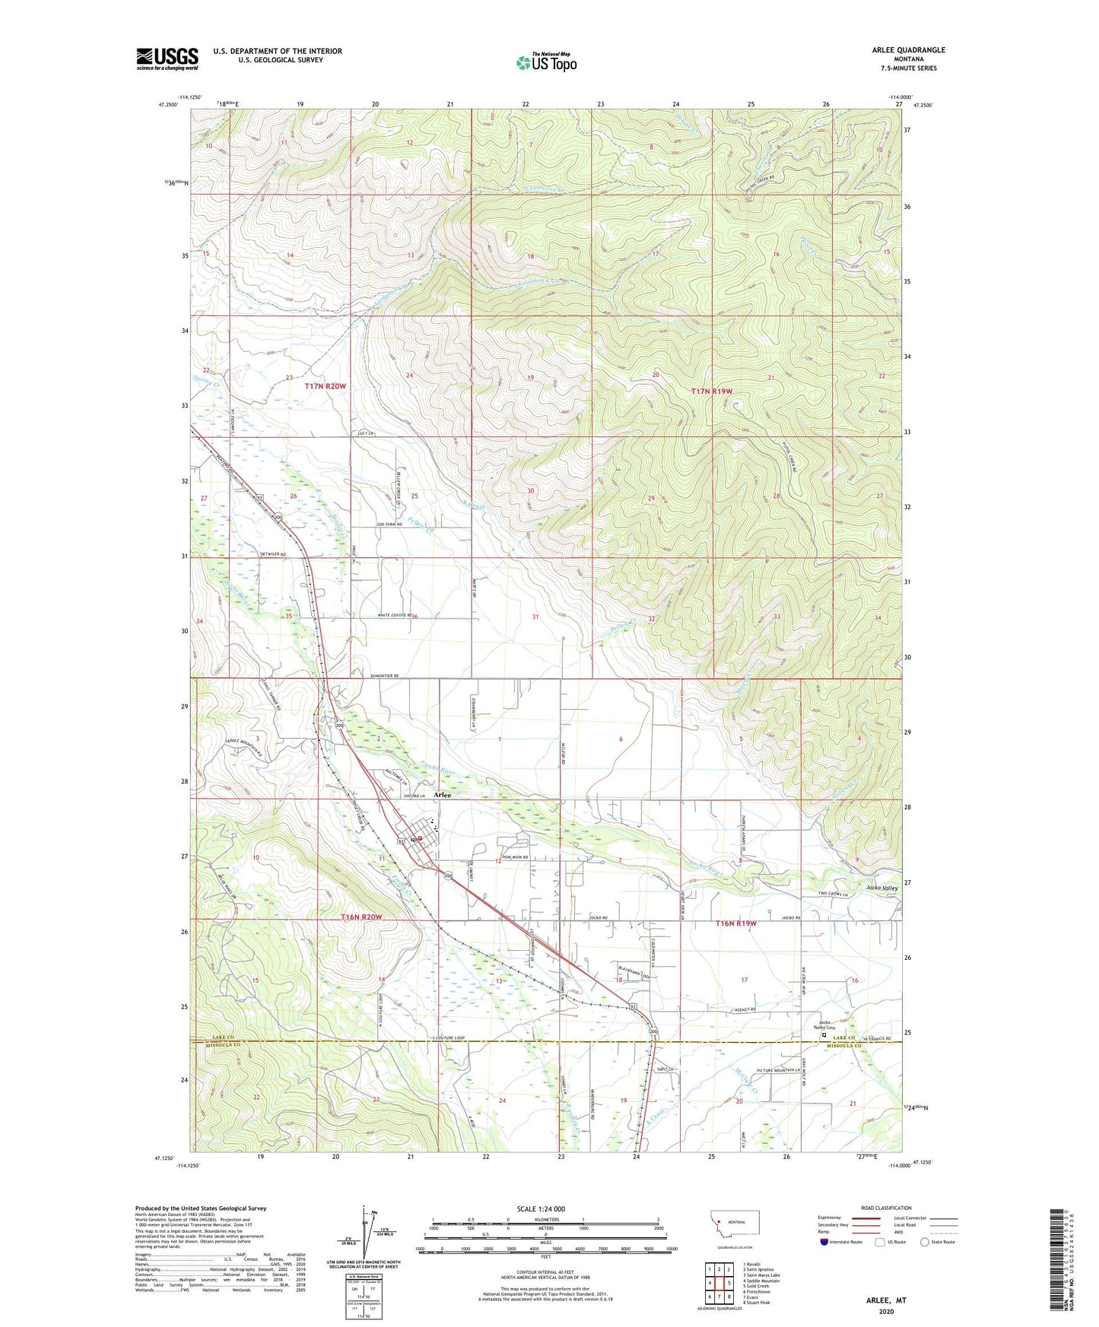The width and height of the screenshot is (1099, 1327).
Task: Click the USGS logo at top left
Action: coord(167,59)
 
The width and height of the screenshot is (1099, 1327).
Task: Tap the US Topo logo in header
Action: coord(546,62)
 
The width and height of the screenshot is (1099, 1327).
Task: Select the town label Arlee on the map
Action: coord(442,795)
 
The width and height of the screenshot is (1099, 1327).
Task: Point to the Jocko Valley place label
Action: coord(881,888)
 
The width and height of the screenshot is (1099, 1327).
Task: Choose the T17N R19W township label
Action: coord(712,391)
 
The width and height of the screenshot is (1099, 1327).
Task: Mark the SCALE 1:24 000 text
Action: coord(541,1209)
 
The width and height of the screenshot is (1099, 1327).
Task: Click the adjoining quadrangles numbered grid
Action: coord(719,1284)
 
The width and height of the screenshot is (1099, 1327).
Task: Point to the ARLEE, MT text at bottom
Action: coord(885,1300)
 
